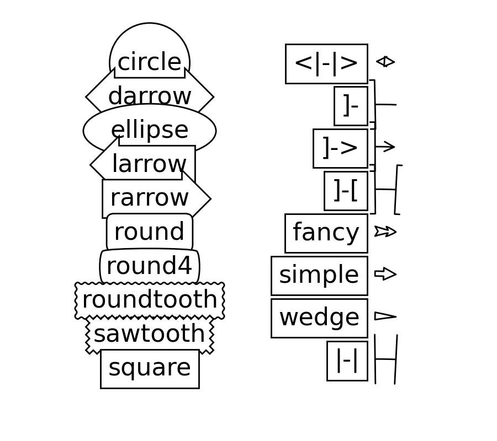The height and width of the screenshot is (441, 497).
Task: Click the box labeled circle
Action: (x=150, y=62)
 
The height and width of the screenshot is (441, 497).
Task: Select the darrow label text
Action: (x=150, y=96)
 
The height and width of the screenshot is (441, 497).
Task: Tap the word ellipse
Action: (x=150, y=131)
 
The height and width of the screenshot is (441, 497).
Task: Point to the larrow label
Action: (x=149, y=164)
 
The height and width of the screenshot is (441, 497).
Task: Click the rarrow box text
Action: (x=150, y=198)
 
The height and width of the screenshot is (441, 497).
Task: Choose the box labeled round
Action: (x=150, y=232)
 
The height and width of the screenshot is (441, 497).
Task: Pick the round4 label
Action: (x=150, y=266)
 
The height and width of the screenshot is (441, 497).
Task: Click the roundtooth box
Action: (x=150, y=300)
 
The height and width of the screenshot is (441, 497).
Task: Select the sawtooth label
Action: (x=150, y=334)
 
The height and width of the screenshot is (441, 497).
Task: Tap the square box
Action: (x=150, y=368)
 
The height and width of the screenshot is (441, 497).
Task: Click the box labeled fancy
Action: (x=326, y=233)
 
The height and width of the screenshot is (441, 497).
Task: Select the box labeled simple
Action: (x=319, y=276)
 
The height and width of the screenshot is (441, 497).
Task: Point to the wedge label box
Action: (x=319, y=318)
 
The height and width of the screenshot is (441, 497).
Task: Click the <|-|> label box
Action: (x=326, y=64)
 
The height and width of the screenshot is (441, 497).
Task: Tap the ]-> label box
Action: (x=340, y=148)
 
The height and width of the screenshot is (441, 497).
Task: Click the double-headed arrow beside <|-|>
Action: (x=385, y=61)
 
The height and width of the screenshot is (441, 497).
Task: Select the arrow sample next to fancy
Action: (x=385, y=231)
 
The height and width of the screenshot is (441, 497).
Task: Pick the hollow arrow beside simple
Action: (x=385, y=273)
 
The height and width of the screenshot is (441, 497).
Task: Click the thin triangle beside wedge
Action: (x=385, y=316)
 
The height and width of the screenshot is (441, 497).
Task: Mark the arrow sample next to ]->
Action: (x=385, y=146)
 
